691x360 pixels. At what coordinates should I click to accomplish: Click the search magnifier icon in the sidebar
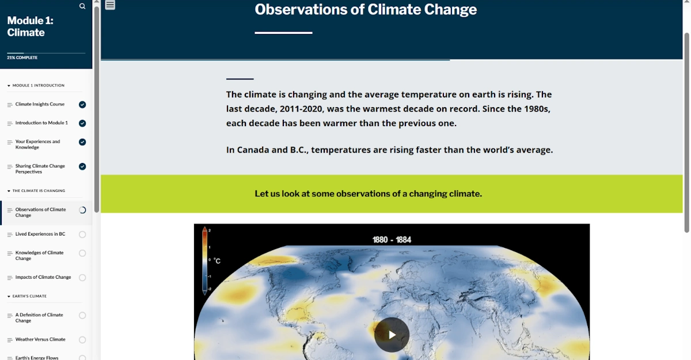pos(82,6)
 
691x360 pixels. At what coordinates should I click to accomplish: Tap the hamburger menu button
pos(110,5)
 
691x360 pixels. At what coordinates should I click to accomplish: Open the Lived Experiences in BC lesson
pos(40,234)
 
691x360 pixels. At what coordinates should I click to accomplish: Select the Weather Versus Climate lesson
pos(40,339)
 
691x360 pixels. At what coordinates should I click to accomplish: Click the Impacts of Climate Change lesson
pos(43,277)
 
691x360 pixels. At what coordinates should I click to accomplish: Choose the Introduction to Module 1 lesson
pos(41,123)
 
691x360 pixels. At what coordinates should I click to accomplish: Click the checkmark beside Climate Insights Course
pos(82,105)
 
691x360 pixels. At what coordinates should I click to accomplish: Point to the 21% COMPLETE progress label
pos(22,58)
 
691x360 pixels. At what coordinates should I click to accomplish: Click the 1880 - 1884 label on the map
pos(392,240)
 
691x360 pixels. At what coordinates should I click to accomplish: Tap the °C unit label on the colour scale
pos(217,261)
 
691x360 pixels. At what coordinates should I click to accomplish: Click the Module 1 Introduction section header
pos(38,85)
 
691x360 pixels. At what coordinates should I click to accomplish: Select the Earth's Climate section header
pos(29,296)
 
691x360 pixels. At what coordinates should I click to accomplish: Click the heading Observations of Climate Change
pos(366,10)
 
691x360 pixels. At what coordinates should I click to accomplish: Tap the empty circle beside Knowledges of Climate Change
pos(82,253)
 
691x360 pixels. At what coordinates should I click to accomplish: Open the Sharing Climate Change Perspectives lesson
pos(40,169)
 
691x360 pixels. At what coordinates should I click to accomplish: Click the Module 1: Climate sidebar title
pos(30,26)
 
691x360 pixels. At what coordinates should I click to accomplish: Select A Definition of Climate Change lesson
pos(39,318)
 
